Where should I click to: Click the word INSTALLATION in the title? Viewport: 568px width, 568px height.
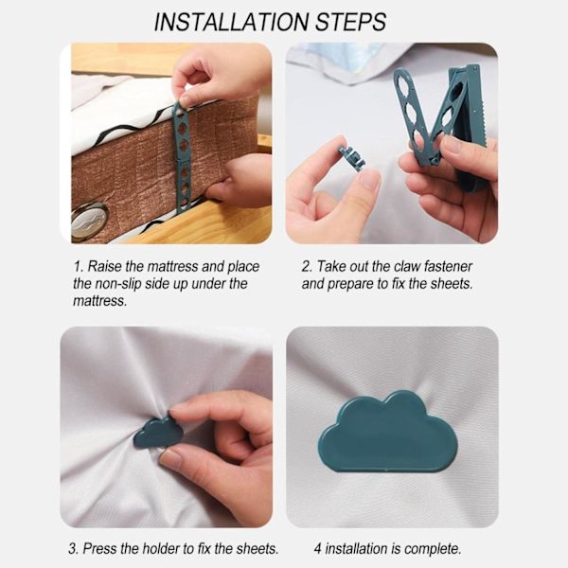pos(232,22)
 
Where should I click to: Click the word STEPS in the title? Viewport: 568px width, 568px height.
pos(351,22)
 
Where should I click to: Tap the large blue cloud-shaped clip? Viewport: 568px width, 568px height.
pos(388,432)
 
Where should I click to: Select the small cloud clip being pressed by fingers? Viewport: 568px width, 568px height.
pos(158,433)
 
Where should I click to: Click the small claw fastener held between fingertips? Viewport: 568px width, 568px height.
pos(352,158)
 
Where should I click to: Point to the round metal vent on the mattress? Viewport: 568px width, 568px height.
pos(90,220)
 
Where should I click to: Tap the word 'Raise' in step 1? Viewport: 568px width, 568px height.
pos(104,266)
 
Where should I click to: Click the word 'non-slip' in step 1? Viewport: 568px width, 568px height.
pos(117,284)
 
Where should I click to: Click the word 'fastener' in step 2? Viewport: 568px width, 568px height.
pos(448,266)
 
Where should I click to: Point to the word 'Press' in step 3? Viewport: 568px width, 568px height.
pos(100,548)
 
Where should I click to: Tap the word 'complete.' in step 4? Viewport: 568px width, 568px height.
pos(433,549)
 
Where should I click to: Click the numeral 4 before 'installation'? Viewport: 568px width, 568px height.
pos(318,549)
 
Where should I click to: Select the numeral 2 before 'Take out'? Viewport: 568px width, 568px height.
pos(306,267)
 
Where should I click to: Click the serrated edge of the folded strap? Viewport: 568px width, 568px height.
pos(477,119)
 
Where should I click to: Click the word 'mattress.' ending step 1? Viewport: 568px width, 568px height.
pos(100,301)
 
